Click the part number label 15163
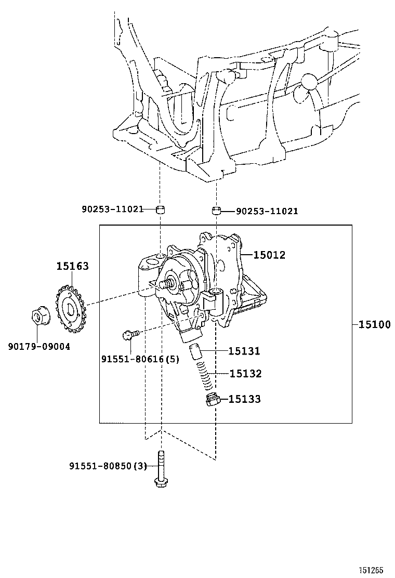pos(73,266)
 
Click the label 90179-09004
pos(38,346)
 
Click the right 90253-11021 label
pos(267,211)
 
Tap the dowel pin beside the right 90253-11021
pos(216,211)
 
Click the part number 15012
pos(269,255)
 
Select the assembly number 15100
pos(374,324)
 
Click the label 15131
pos(245,351)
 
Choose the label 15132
pos(245,373)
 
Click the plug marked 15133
pos(212,400)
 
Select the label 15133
pos(245,399)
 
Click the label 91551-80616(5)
pos(140,359)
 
